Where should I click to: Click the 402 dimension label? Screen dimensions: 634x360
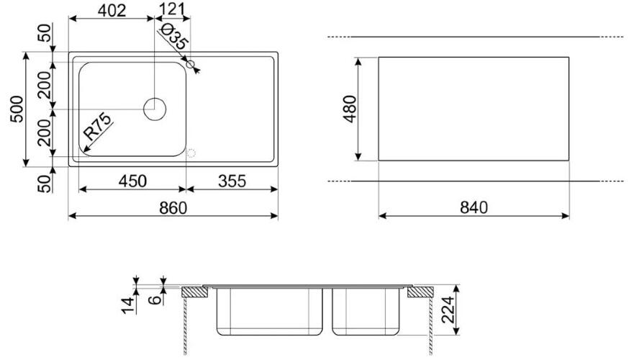112,10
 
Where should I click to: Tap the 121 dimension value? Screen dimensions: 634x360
172,9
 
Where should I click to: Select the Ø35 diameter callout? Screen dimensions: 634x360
174,37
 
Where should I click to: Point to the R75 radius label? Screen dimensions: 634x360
97,127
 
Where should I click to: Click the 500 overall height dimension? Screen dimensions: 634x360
17,109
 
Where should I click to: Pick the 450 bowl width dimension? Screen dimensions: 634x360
132,181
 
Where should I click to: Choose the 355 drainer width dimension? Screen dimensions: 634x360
232,181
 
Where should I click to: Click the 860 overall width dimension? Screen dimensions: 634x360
173,207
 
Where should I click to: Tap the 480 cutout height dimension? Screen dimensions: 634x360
350,109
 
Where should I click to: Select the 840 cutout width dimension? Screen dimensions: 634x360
474,207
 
